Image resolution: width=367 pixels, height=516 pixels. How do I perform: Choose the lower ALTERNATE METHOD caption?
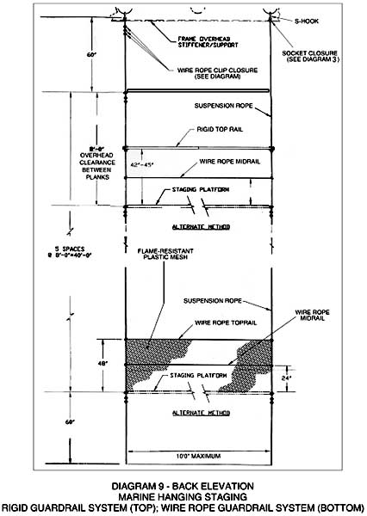(199, 413)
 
